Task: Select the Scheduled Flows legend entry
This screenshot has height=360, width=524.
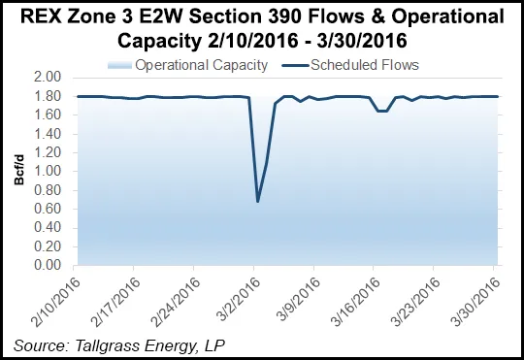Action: coord(369,65)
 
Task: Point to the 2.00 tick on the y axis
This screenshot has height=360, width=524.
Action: coord(49,77)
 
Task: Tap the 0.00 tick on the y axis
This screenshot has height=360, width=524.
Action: coord(49,265)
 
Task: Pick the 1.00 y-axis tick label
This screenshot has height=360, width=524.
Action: coord(49,171)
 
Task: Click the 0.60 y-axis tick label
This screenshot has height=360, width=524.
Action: coord(49,209)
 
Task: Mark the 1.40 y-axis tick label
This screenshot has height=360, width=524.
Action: coord(49,133)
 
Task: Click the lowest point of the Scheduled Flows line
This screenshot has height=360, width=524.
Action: coord(257,201)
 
